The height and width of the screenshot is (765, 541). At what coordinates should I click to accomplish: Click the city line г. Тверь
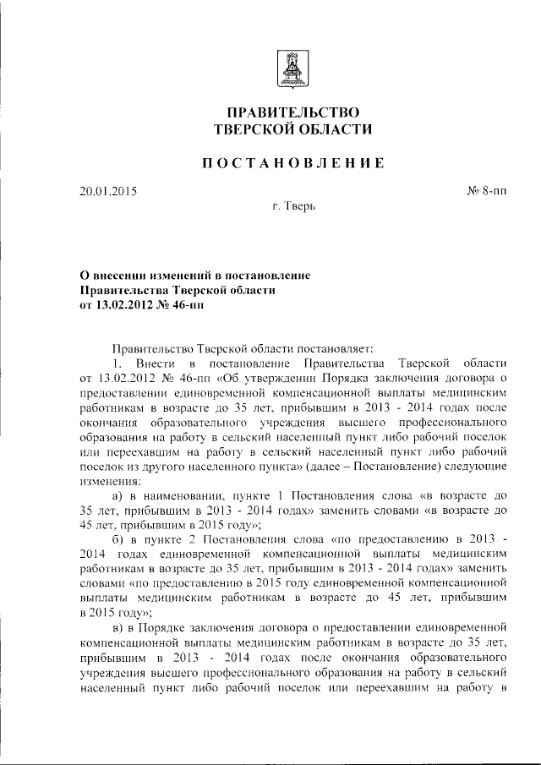[x=293, y=206]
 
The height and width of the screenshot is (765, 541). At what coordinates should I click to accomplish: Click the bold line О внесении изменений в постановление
[x=195, y=276]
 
